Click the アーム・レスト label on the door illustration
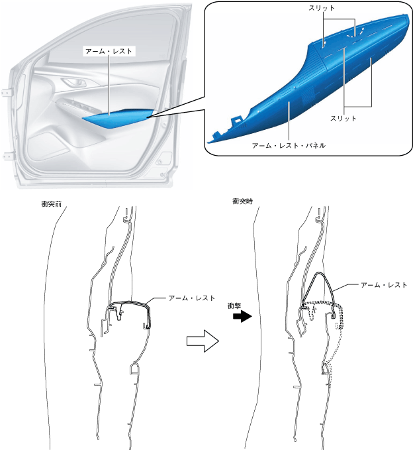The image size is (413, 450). pos(109,50)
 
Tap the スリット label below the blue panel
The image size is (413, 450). pos(343,118)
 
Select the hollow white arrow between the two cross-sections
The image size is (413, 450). pos(201,342)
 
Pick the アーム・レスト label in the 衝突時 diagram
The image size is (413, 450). pos(383,284)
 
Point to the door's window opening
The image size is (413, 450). pos(99,40)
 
